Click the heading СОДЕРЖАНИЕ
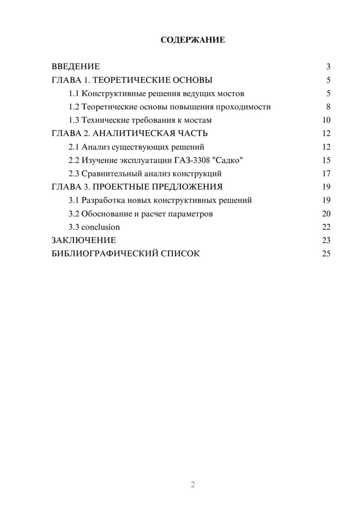click(193, 40)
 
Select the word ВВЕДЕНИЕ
click(76, 67)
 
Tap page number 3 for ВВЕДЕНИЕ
click(328, 67)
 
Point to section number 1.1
click(74, 94)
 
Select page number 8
click(328, 107)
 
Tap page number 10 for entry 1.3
click(326, 120)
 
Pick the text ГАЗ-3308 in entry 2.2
click(194, 160)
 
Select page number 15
click(326, 160)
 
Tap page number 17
click(326, 174)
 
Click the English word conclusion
click(100, 227)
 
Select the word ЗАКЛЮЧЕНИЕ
click(84, 240)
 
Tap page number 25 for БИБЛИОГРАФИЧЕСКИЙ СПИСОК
click(326, 254)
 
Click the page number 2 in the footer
click(193, 485)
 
